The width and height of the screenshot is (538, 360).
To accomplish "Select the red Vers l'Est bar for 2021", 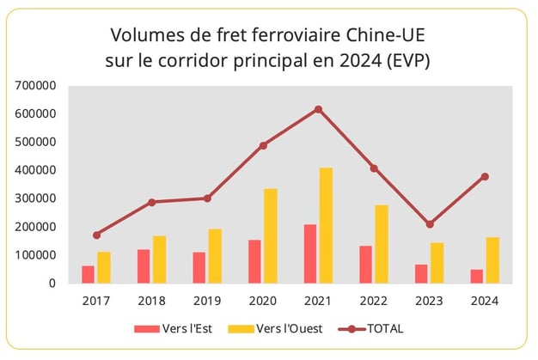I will coord(309,253).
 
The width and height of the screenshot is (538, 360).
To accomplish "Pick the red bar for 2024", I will coord(476,276).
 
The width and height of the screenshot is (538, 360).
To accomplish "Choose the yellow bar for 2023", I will coord(437,263).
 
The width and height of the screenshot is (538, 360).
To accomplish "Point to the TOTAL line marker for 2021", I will coord(318,109).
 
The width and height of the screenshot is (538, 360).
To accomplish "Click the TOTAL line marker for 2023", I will coord(429,224).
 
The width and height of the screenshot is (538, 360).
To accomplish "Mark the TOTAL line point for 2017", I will coord(96,235).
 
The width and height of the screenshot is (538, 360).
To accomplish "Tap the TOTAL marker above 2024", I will coord(485,177).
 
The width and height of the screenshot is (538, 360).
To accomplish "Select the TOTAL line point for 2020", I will coord(263,145).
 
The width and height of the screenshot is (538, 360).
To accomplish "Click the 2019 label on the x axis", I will coord(207,302).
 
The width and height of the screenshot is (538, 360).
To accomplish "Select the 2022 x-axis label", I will coord(374,302).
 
